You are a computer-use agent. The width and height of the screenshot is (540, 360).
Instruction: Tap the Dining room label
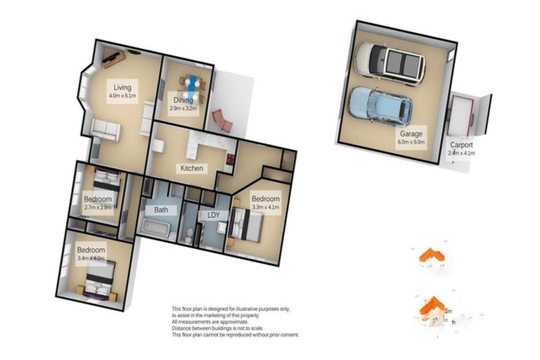[184, 101]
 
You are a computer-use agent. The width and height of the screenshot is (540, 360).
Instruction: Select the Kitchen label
[192, 168]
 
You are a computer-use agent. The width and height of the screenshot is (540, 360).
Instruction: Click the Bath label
[161, 210]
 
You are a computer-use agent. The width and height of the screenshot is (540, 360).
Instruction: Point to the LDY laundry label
[213, 215]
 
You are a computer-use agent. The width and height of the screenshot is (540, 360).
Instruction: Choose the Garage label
[411, 134]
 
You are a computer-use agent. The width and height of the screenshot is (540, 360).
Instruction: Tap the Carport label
[462, 146]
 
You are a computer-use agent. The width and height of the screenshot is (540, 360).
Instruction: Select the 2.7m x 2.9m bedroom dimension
[98, 208]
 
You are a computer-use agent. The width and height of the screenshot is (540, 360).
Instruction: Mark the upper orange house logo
[430, 257]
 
